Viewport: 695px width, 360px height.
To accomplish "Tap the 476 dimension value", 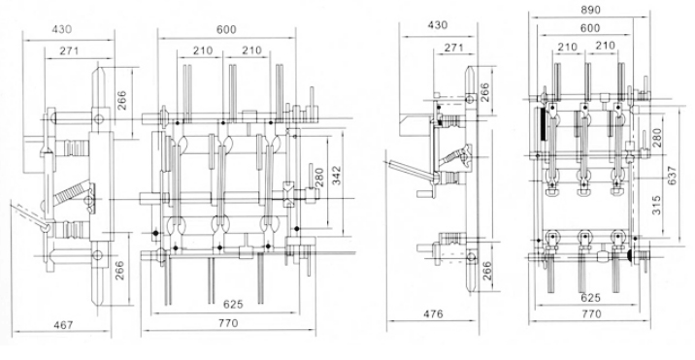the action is (433, 314).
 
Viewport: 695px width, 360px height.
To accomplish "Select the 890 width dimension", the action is (590, 11).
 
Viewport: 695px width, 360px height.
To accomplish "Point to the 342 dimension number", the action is (337, 175).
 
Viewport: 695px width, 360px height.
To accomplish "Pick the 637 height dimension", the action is (672, 176).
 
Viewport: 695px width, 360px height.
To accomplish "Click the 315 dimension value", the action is (656, 206).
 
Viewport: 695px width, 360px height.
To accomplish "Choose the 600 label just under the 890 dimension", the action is (590, 28).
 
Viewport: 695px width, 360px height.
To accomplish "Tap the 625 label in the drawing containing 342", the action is (233, 304).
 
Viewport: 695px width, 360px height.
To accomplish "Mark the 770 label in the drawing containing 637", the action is (591, 314).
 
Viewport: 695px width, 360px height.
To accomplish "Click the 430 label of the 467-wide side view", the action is (61, 30).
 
